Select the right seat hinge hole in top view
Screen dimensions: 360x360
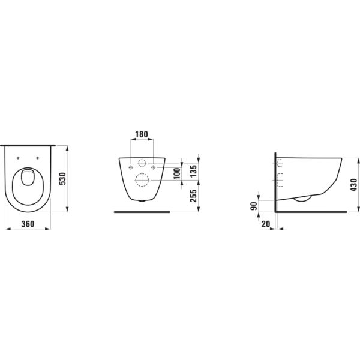(38, 158)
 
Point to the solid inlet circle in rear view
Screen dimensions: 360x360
(142, 163)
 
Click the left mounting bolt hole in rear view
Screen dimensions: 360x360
(130, 166)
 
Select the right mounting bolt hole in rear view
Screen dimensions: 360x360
(154, 166)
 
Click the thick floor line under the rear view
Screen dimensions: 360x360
(142, 211)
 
